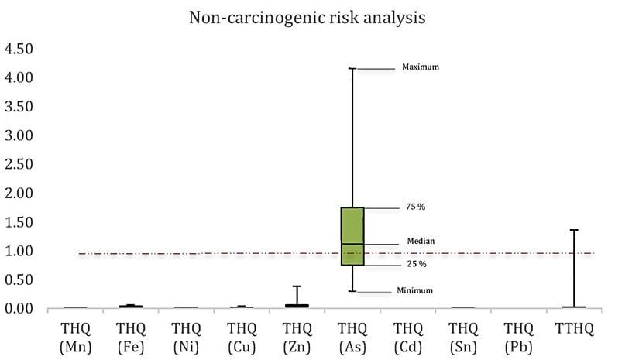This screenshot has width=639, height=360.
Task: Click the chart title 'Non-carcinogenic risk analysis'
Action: (x=307, y=18)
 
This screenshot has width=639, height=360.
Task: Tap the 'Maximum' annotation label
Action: (x=421, y=67)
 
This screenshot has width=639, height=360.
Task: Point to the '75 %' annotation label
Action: (x=416, y=207)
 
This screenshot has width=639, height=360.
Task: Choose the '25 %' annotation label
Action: (x=417, y=265)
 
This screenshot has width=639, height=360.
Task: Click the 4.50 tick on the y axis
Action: (x=19, y=49)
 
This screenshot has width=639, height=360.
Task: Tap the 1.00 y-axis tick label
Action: (x=19, y=251)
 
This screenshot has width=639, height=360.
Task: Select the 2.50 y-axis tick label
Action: (x=19, y=164)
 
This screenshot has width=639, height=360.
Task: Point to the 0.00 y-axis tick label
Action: (x=19, y=309)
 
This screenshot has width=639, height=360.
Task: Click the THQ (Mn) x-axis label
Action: (x=75, y=338)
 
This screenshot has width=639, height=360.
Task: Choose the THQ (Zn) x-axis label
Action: (x=297, y=338)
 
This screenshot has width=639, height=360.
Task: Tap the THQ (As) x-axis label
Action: (x=352, y=338)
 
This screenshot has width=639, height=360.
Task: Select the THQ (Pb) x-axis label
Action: (x=518, y=338)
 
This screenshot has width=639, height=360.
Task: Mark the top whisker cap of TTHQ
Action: (x=574, y=230)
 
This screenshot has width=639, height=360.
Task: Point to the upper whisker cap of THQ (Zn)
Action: (x=297, y=286)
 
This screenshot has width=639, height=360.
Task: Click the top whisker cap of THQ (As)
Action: (x=352, y=69)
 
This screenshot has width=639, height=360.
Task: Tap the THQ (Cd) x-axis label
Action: (x=407, y=338)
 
